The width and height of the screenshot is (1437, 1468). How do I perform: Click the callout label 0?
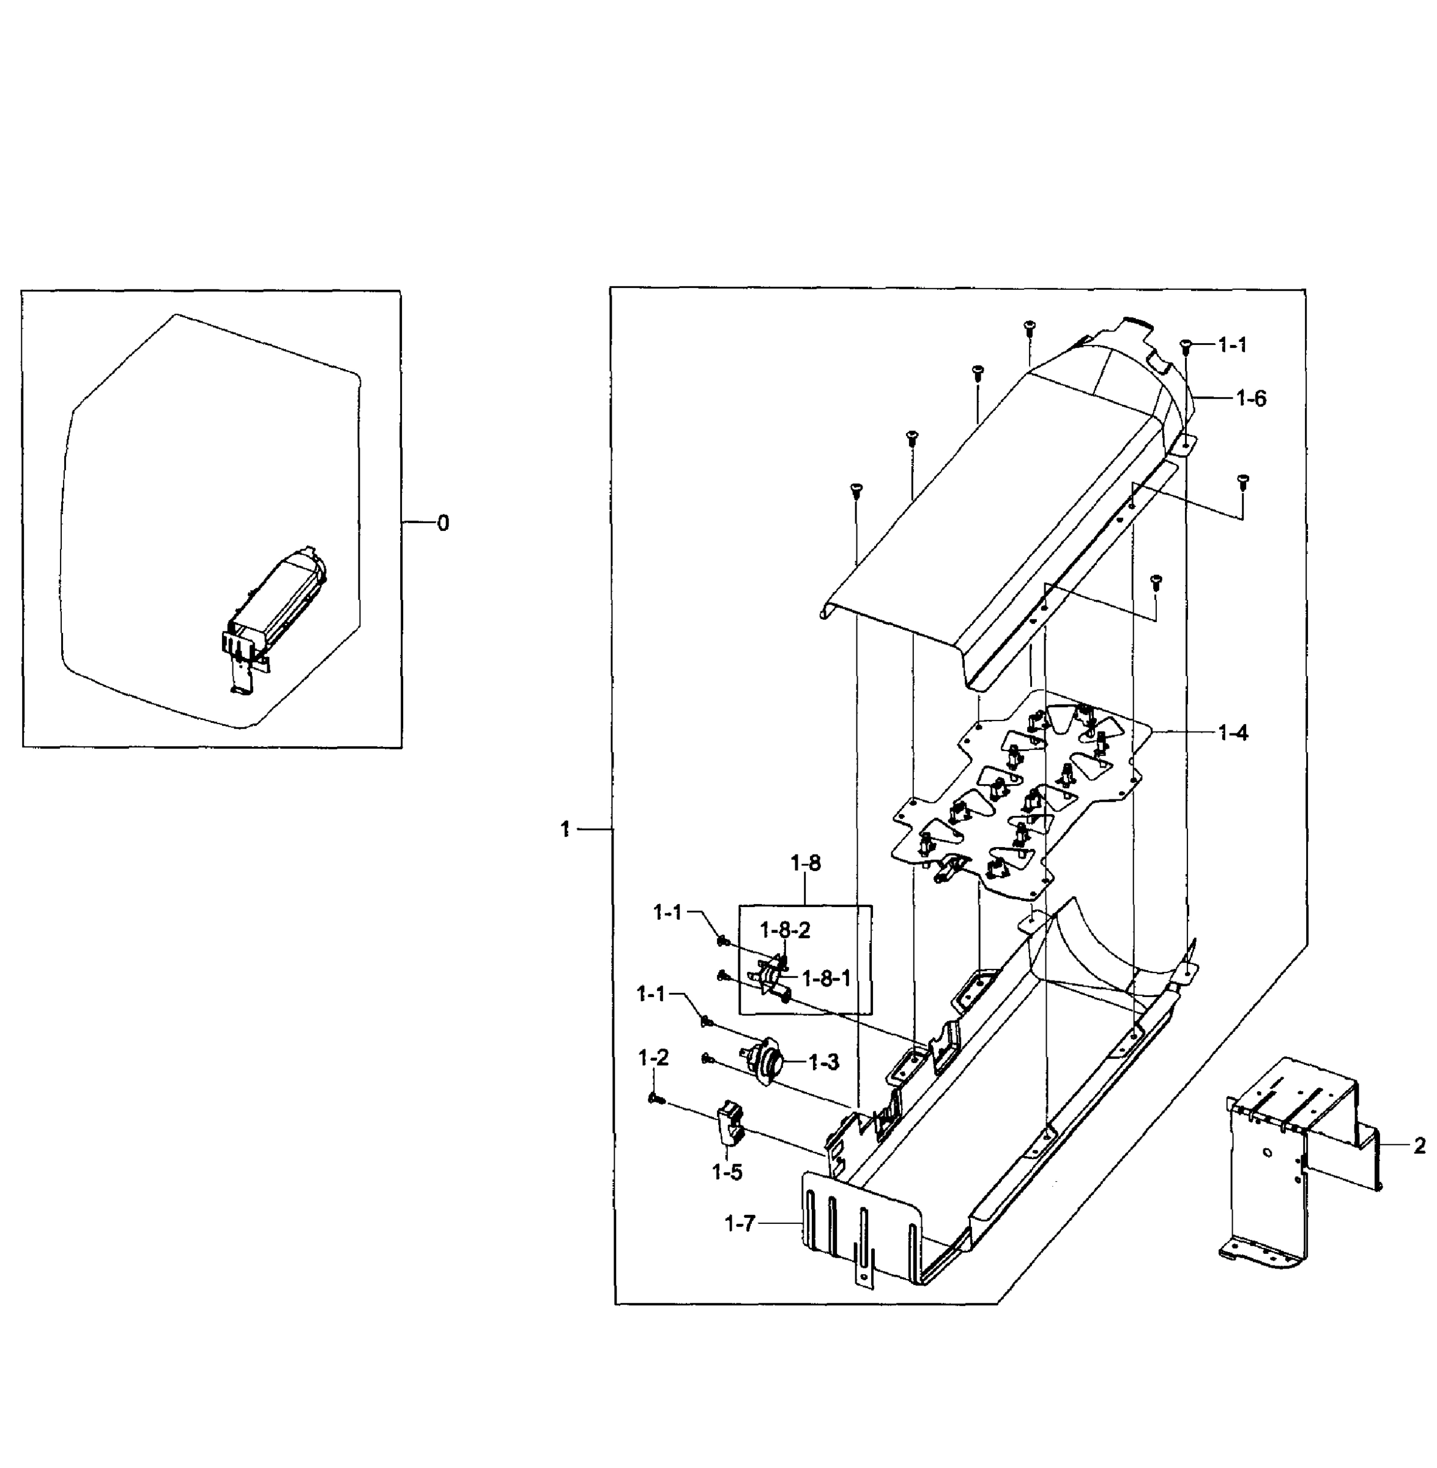pyautogui.click(x=443, y=523)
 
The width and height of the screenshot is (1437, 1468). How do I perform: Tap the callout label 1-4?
pyautogui.click(x=1233, y=732)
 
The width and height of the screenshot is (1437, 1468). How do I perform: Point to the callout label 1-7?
pyautogui.click(x=739, y=1223)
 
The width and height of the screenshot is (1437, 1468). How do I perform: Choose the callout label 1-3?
pyautogui.click(x=823, y=1062)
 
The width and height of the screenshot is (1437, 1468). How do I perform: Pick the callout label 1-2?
pyautogui.click(x=653, y=1058)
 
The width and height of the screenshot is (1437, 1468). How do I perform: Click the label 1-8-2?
pyautogui.click(x=785, y=930)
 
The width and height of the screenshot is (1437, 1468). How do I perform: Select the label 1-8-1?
pyautogui.click(x=826, y=979)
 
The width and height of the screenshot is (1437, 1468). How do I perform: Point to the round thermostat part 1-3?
pyautogui.click(x=765, y=1062)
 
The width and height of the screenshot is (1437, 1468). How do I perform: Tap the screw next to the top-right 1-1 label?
pyautogui.click(x=1185, y=346)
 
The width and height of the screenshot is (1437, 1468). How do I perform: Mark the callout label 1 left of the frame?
pyautogui.click(x=565, y=829)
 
